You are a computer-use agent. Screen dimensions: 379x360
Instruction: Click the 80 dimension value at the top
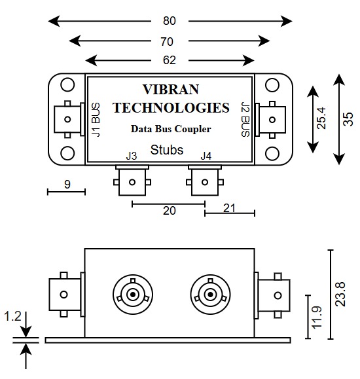coord(170,21)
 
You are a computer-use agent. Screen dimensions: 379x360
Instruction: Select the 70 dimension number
coord(170,41)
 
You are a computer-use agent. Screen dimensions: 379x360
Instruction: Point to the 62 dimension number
coord(170,61)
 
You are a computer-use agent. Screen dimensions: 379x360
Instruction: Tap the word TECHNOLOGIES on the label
coord(171,108)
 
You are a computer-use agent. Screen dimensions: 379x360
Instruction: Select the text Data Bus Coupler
coord(170,129)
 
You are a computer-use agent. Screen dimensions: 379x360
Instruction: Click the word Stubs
coord(167,150)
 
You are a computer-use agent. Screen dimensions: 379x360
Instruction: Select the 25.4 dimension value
coord(321,118)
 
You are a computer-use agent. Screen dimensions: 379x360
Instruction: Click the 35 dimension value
coord(348,118)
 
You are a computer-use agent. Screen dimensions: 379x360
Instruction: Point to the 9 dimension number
coord(67,185)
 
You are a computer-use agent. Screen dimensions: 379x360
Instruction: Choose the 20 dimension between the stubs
coord(170,211)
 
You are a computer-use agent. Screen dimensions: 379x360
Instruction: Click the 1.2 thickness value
coord(12,317)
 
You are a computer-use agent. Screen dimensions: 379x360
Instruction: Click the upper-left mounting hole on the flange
coord(67,86)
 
